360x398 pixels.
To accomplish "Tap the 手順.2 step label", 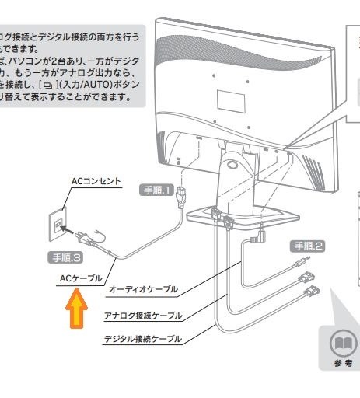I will point(307,246).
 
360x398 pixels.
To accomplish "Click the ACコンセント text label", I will point(96,180).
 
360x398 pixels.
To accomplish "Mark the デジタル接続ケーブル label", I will point(142,340).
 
